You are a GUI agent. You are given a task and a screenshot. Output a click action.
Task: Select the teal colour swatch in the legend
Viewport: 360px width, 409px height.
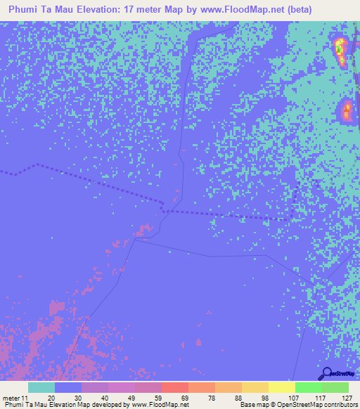pyautogui.click(x=41, y=387)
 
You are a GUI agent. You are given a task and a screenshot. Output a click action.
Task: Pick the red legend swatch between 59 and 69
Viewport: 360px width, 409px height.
pyautogui.click(x=174, y=387)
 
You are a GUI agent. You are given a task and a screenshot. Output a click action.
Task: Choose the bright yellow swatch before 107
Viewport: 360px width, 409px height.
pyautogui.click(x=281, y=387)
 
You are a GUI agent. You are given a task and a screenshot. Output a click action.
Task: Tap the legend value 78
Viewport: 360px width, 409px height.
pyautogui.click(x=211, y=396)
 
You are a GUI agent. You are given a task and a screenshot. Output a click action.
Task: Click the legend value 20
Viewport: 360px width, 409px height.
pyautogui.click(x=51, y=396)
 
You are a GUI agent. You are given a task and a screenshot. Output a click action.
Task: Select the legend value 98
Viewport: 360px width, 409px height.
pyautogui.click(x=264, y=396)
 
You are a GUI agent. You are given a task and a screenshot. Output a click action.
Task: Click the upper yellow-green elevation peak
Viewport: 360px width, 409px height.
pyautogui.click(x=340, y=49)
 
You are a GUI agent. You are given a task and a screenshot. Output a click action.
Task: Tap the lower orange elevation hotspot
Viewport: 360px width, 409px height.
pyautogui.click(x=346, y=110)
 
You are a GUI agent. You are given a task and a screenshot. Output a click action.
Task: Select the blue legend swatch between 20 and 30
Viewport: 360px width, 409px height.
pyautogui.click(x=67, y=387)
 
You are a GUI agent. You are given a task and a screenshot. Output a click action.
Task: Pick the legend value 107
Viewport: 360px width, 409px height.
pyautogui.click(x=291, y=396)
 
